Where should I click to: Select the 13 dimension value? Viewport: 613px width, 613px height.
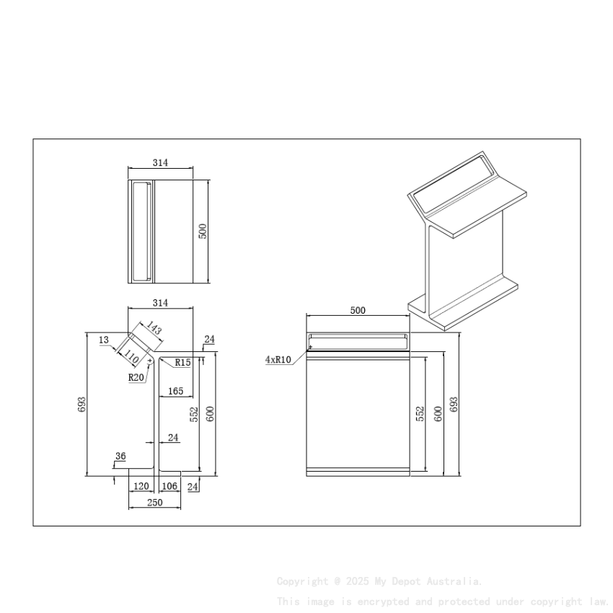coord(104,340)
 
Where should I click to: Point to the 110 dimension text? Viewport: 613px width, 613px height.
coord(131,356)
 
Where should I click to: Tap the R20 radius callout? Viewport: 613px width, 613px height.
coord(136,376)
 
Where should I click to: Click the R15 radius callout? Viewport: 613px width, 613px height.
coord(182,363)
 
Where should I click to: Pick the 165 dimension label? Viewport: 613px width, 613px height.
coord(175,391)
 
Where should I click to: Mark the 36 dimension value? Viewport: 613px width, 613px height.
coord(120,456)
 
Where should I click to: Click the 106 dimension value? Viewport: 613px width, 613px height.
coord(169,486)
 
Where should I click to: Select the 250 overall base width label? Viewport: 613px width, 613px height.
coord(154,503)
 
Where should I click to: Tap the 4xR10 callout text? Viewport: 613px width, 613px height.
coord(278,359)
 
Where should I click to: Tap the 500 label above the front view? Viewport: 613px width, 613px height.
coord(358,311)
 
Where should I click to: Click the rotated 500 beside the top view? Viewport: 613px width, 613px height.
coord(203,231)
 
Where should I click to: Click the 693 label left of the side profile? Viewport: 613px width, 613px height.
coord(81,404)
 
